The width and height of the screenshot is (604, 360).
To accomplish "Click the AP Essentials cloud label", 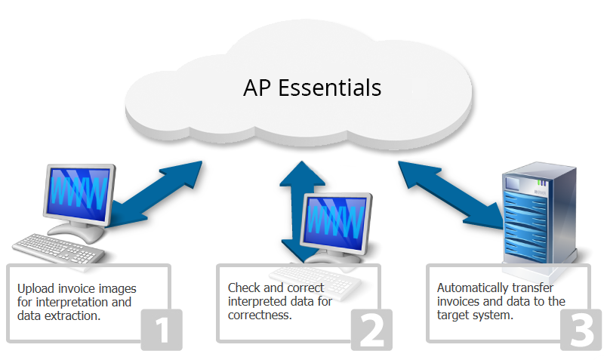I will click(312, 88).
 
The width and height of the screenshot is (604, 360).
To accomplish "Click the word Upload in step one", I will click(35, 288).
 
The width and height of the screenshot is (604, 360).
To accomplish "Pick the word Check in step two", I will click(243, 288).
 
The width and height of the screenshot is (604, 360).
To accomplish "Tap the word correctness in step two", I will click(259, 315).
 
